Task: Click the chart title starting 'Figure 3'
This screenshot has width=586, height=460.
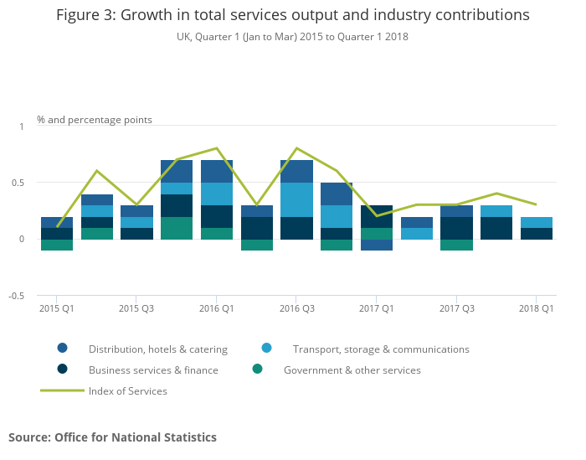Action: click(x=292, y=15)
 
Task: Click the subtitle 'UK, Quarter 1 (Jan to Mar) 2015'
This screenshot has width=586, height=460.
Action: click(x=292, y=37)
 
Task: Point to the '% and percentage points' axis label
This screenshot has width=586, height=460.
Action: click(x=95, y=120)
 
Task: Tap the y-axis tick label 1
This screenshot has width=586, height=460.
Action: click(x=22, y=127)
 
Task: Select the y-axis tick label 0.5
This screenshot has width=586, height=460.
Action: click(x=18, y=183)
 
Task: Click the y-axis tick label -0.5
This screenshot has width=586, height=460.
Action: click(x=16, y=296)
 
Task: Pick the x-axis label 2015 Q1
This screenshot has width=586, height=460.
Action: click(x=57, y=308)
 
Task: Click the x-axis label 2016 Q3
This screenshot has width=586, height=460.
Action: click(x=296, y=308)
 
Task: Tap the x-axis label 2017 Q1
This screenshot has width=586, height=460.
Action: click(x=376, y=308)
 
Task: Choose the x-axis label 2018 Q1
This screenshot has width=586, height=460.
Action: click(x=536, y=308)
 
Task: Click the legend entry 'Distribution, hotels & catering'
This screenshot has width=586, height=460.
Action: click(x=158, y=349)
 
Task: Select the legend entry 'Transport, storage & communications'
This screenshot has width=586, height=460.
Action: click(x=381, y=349)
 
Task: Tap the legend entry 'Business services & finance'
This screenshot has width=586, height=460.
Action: click(x=153, y=370)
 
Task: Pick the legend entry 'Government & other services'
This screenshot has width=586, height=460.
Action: click(x=352, y=370)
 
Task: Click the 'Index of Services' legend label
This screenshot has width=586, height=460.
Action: click(x=128, y=390)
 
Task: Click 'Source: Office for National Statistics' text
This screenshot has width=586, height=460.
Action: click(x=112, y=437)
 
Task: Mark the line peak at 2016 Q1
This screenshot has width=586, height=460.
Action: click(x=217, y=148)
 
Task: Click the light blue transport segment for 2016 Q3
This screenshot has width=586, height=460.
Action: click(x=296, y=200)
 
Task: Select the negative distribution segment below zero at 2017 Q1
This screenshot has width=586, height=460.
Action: click(x=376, y=245)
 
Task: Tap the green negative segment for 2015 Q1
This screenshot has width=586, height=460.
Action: click(x=57, y=245)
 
